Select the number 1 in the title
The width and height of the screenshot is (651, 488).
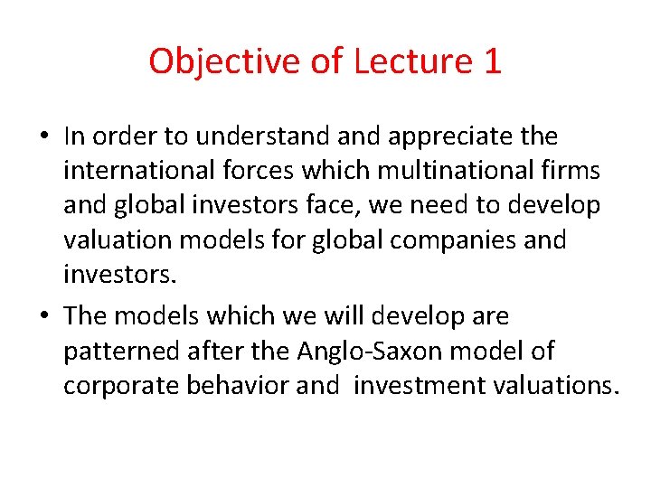[492, 61]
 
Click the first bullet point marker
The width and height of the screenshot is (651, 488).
[44, 137]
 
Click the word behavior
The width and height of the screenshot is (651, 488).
[238, 385]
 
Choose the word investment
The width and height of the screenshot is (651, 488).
[411, 385]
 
